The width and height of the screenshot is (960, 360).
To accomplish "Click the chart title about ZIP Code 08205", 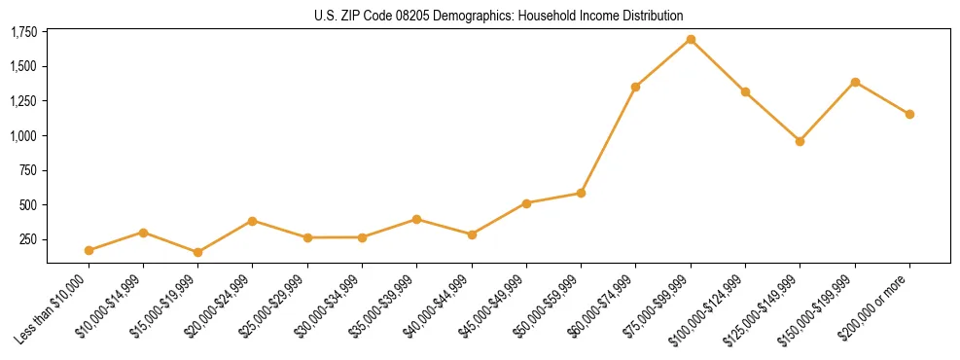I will pos(499,16).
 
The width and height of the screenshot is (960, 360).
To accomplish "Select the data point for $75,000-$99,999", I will pos(691,40).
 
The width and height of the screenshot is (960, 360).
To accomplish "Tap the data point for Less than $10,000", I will pos(89,250).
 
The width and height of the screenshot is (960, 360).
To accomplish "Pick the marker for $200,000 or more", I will pos(909,114).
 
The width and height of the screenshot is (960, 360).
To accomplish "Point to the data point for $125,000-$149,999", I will pos(800,141).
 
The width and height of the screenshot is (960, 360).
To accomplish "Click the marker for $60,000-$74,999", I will pos(635,87).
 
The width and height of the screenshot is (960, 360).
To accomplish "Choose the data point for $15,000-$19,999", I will pos(198,252).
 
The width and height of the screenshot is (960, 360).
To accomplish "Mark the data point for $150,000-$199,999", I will pos(855,82).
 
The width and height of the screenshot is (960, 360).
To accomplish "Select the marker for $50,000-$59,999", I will pos(581,193).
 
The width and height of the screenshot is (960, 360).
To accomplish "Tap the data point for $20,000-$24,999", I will pos(253,221).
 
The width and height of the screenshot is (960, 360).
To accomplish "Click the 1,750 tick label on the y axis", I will pos(23,33).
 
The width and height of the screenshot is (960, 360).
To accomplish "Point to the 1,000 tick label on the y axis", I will pos(23,136).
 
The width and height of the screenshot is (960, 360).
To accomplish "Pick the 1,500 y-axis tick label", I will pos(23,67).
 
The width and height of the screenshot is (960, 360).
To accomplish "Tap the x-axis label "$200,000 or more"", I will pos(876,307).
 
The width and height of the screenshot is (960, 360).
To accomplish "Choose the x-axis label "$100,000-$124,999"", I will pos(708,310).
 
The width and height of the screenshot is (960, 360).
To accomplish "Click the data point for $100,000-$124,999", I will pos(745,91).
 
